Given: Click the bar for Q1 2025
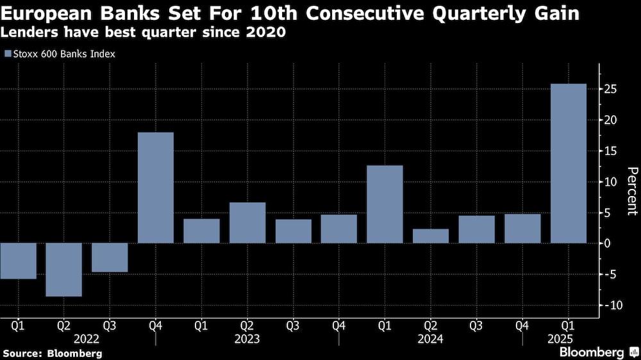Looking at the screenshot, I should click(x=568, y=163).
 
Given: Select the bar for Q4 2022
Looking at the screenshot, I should click(x=155, y=188).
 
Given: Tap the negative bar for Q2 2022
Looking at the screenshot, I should click(x=63, y=270).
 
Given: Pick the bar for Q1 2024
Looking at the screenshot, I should click(x=385, y=204).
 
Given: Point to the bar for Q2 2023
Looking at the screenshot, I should click(x=247, y=223).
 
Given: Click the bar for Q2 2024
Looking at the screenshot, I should click(x=431, y=236).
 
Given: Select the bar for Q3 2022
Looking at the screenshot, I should click(x=110, y=258).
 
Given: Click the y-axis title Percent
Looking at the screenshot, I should click(x=631, y=191).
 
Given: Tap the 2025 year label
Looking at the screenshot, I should click(x=568, y=338).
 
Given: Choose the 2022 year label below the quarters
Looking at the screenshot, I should click(x=86, y=338).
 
